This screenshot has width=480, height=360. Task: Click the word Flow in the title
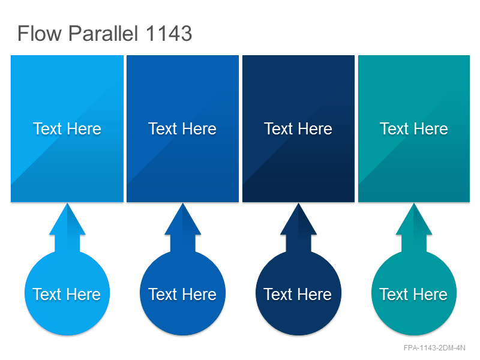click(40, 33)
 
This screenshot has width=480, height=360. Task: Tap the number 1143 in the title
click(169, 33)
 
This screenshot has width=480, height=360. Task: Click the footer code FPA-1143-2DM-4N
click(434, 348)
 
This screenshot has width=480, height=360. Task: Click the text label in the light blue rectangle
click(67, 128)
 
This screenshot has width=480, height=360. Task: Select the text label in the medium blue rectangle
click(182, 128)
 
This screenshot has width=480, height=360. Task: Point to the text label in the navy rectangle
click(298, 128)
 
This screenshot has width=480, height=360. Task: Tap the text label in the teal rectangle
click(414, 128)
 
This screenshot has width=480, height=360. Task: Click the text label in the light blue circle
click(67, 294)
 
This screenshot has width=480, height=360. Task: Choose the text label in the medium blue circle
click(182, 294)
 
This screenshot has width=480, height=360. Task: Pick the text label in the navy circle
click(298, 294)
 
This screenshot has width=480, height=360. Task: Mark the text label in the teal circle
click(413, 294)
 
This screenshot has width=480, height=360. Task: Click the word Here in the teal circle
click(430, 294)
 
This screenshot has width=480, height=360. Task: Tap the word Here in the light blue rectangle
click(84, 128)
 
